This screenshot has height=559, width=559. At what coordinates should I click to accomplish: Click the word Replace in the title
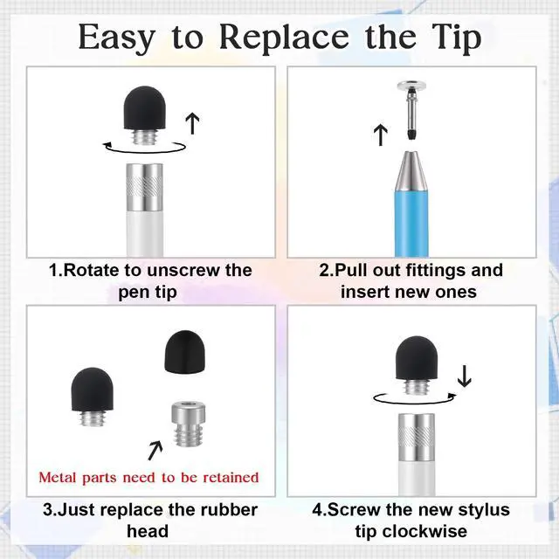click(x=284, y=38)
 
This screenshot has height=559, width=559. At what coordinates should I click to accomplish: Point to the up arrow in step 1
click(x=193, y=124)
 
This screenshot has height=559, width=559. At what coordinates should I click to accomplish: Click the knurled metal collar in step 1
click(x=145, y=186)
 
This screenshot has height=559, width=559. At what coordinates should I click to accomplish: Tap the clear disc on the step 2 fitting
click(x=412, y=86)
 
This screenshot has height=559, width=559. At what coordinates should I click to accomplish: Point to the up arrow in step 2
click(x=381, y=135)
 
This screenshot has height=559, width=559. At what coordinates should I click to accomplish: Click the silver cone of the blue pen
click(x=411, y=171)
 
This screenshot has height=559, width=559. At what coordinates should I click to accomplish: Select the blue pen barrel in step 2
click(x=411, y=224)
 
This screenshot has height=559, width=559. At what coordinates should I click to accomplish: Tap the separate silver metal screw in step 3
click(x=189, y=424)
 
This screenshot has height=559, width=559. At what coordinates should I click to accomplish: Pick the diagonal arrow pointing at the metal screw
click(x=155, y=451)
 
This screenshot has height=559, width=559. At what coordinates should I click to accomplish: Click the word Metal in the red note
click(x=58, y=478)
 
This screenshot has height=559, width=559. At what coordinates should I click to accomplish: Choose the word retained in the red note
click(x=231, y=478)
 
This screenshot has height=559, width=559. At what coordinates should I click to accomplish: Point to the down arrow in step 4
click(x=464, y=376)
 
